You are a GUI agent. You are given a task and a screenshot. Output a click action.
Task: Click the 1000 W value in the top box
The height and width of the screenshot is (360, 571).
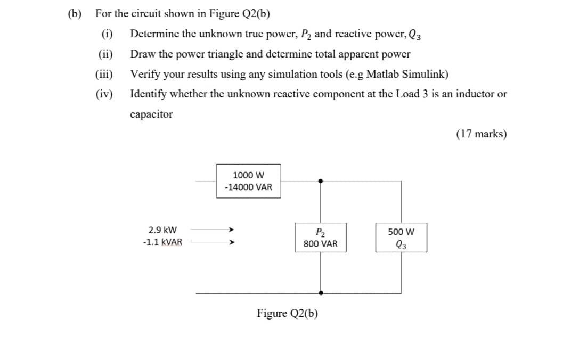tap(248, 175)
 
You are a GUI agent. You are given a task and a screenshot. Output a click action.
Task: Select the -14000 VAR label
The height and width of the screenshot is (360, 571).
tap(248, 187)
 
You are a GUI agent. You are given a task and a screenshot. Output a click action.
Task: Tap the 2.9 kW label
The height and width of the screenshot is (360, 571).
tap(162, 231)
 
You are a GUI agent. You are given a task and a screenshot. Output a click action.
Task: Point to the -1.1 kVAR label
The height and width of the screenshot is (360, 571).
tap(162, 242)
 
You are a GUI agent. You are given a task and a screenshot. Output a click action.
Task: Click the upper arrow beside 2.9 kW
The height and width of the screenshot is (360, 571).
tap(212, 231)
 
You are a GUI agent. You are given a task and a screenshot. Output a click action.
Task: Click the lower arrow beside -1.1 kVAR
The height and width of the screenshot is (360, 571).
tap(212, 242)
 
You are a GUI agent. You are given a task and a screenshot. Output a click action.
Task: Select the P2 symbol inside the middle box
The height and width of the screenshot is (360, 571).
tap(320, 232)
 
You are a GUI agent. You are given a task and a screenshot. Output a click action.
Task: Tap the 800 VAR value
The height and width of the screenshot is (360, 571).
tap(320, 244)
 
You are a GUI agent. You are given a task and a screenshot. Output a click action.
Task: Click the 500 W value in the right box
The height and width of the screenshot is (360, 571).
tap(401, 232)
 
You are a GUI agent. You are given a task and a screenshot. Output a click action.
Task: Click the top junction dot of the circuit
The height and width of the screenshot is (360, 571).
tap(320, 181)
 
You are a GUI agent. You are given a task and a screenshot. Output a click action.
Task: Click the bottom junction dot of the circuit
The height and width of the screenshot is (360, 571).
tap(320, 293)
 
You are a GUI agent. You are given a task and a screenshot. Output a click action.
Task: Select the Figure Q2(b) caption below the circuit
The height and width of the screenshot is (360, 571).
tap(287, 313)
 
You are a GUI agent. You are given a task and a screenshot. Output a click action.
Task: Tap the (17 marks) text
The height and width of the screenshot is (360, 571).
tap(481, 134)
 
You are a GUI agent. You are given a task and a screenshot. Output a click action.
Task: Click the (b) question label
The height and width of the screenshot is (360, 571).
tap(75, 14)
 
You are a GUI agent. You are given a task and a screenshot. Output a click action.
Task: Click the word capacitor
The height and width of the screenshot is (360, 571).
tap(151, 114)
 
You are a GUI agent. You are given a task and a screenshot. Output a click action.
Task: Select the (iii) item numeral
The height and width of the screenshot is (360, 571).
tap(104, 74)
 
